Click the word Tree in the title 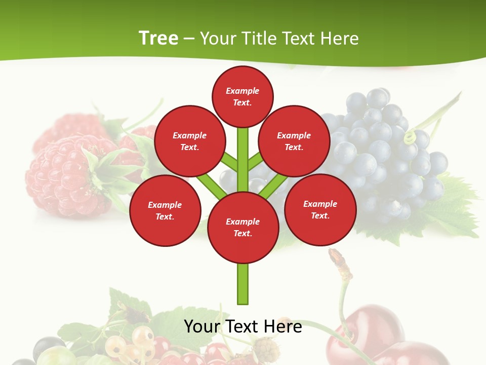point(158,39)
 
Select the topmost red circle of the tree point(242,96)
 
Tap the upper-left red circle point(190,141)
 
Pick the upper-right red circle point(294,141)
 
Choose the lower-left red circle point(165,210)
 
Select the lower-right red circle point(320,209)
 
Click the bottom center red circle point(243,227)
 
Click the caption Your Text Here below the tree point(243,326)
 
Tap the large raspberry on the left point(61,172)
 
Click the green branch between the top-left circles point(229,162)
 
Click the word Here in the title point(340,39)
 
